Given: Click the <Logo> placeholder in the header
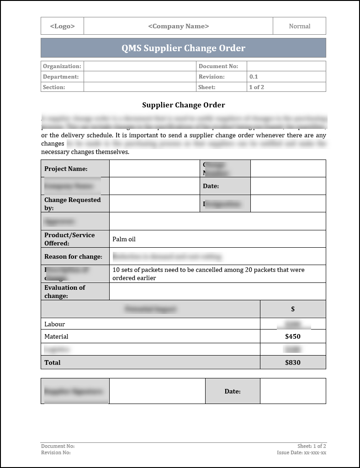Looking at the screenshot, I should [x=62, y=26].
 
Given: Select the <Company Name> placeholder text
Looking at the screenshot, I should [x=178, y=26].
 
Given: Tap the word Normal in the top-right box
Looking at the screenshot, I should [x=299, y=26].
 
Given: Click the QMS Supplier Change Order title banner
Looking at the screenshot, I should [x=183, y=48].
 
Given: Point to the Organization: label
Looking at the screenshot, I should [x=62, y=66].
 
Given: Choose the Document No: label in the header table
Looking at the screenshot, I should [x=218, y=66].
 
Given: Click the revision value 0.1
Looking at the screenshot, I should [x=254, y=77].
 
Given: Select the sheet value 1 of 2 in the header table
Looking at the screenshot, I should [x=256, y=87].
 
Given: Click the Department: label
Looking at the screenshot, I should [x=61, y=77].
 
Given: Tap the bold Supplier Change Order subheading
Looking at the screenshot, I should [x=183, y=105].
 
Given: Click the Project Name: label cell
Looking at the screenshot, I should [x=66, y=169].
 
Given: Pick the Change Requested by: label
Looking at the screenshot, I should [x=72, y=204].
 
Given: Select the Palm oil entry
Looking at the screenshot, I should [x=124, y=239].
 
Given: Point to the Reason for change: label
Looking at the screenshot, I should [x=73, y=256].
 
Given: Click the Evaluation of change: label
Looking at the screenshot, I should [x=65, y=292].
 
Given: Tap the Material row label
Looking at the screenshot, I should [x=56, y=336].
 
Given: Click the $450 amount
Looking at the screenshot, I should [x=292, y=336].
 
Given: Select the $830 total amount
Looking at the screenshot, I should [x=292, y=362].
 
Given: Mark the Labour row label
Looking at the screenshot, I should [x=54, y=324].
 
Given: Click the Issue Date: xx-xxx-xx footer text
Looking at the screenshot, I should [x=301, y=452].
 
